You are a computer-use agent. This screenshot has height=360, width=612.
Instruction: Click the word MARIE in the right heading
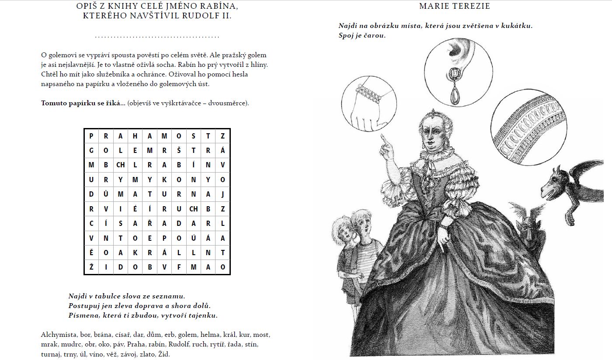[x=434, y=6]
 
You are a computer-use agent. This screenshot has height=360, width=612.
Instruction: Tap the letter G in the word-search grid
[x=91, y=150]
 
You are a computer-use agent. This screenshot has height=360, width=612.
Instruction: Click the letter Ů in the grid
[x=106, y=194]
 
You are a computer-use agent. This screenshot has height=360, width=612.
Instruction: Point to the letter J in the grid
[x=223, y=194]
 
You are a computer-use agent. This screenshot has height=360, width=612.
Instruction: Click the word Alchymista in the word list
[x=58, y=335]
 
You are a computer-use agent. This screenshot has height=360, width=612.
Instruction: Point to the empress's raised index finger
[x=383, y=138]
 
